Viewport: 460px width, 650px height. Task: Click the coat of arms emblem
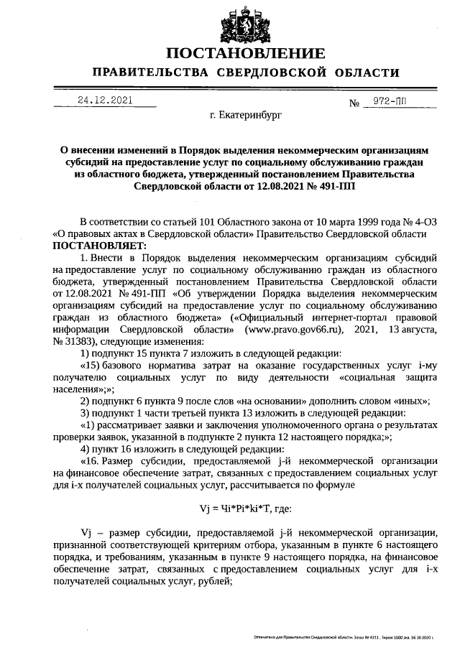[x=244, y=22]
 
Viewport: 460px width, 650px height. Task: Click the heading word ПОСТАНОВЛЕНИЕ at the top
[x=245, y=55]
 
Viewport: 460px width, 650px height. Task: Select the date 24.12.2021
[x=105, y=101]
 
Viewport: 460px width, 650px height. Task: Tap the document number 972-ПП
[x=385, y=101]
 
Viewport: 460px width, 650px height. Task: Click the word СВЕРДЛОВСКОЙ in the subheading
[x=270, y=73]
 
